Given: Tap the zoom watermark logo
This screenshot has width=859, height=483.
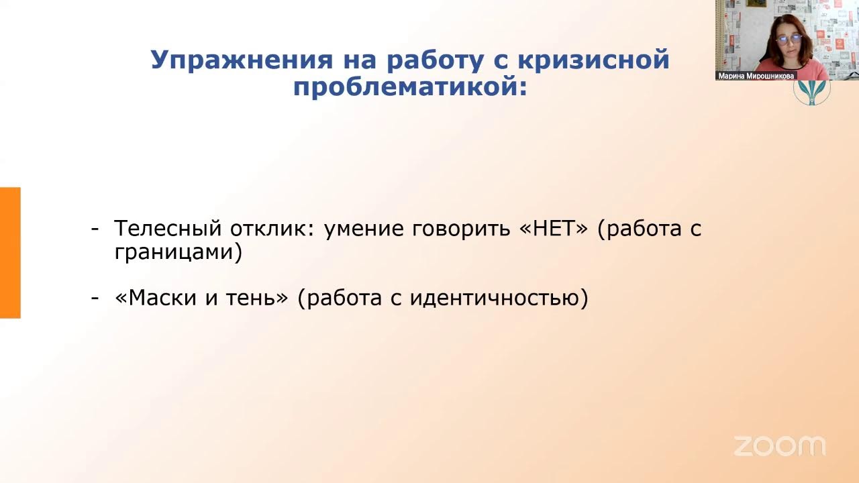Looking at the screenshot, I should (x=779, y=445).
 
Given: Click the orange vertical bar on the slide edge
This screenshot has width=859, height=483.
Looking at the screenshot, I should (x=10, y=252).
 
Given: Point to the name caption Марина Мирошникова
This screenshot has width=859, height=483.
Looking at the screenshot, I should (x=756, y=76).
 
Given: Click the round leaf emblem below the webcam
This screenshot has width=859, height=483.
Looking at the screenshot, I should (x=812, y=92).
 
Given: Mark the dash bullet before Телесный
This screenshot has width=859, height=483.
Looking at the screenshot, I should (x=95, y=229).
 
